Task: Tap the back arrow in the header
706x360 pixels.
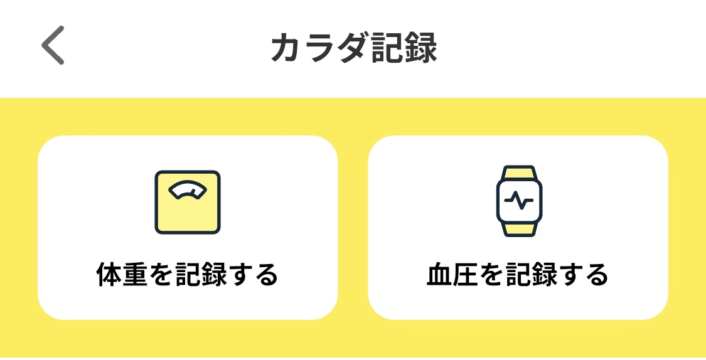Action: click(x=53, y=46)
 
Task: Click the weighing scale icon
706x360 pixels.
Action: click(x=188, y=202)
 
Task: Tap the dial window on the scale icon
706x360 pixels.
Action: click(x=188, y=189)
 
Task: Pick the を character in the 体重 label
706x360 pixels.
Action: click(x=165, y=274)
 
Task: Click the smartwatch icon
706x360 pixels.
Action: click(x=518, y=201)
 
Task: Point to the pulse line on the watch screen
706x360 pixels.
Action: click(x=518, y=201)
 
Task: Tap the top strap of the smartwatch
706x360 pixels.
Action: click(x=518, y=172)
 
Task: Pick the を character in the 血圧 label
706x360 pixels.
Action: click(x=495, y=274)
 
